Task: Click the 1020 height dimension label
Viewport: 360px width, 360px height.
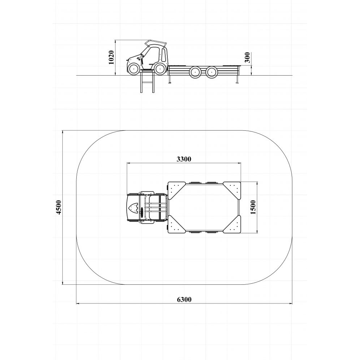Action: coord(111,57)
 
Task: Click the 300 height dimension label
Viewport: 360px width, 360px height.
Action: coord(247,57)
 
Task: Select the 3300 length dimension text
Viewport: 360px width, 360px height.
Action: coord(184,159)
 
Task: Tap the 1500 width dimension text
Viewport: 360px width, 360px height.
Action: coord(253,207)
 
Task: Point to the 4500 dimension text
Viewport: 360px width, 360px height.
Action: coord(59,207)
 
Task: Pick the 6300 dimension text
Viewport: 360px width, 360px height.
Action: coord(184,300)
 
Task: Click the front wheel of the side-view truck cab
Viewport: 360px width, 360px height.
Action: coord(134,68)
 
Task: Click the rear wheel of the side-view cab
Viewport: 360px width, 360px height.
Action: coord(159,68)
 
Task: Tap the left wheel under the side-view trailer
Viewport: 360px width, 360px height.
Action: coord(195,71)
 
